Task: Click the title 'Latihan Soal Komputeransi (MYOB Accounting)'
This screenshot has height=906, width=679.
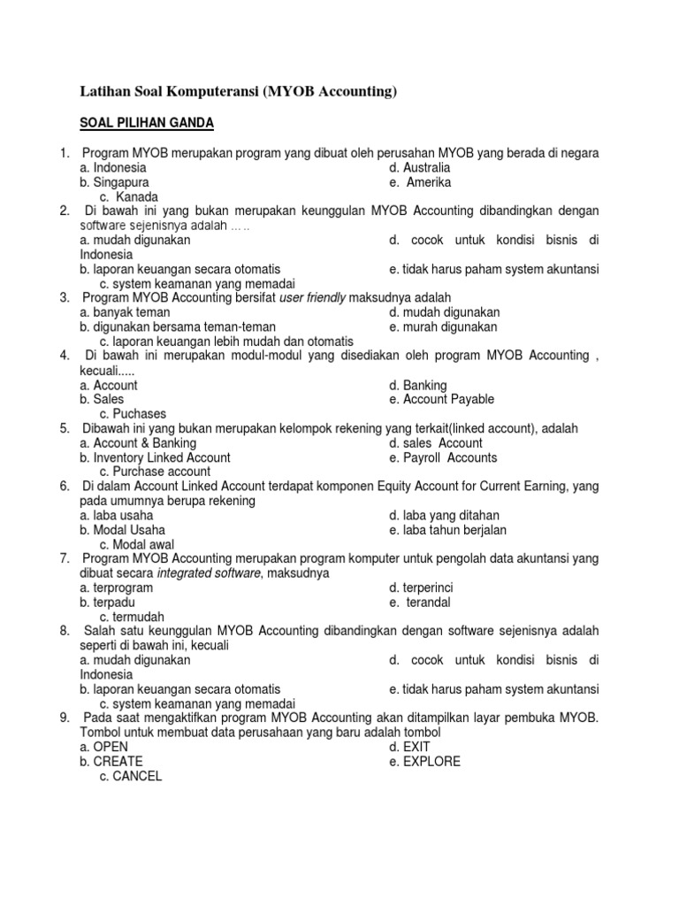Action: [240, 91]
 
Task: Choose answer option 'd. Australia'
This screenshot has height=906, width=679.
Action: [419, 167]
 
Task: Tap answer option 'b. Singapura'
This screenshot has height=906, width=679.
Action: [114, 182]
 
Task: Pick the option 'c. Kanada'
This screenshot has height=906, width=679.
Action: [129, 196]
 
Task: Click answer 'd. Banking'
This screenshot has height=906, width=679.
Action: [418, 385]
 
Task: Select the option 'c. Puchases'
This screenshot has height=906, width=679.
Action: [133, 413]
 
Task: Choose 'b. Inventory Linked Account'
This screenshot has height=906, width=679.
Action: [155, 457]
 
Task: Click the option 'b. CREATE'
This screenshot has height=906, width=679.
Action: [111, 761]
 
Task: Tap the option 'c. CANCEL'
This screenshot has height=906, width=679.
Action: [131, 776]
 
